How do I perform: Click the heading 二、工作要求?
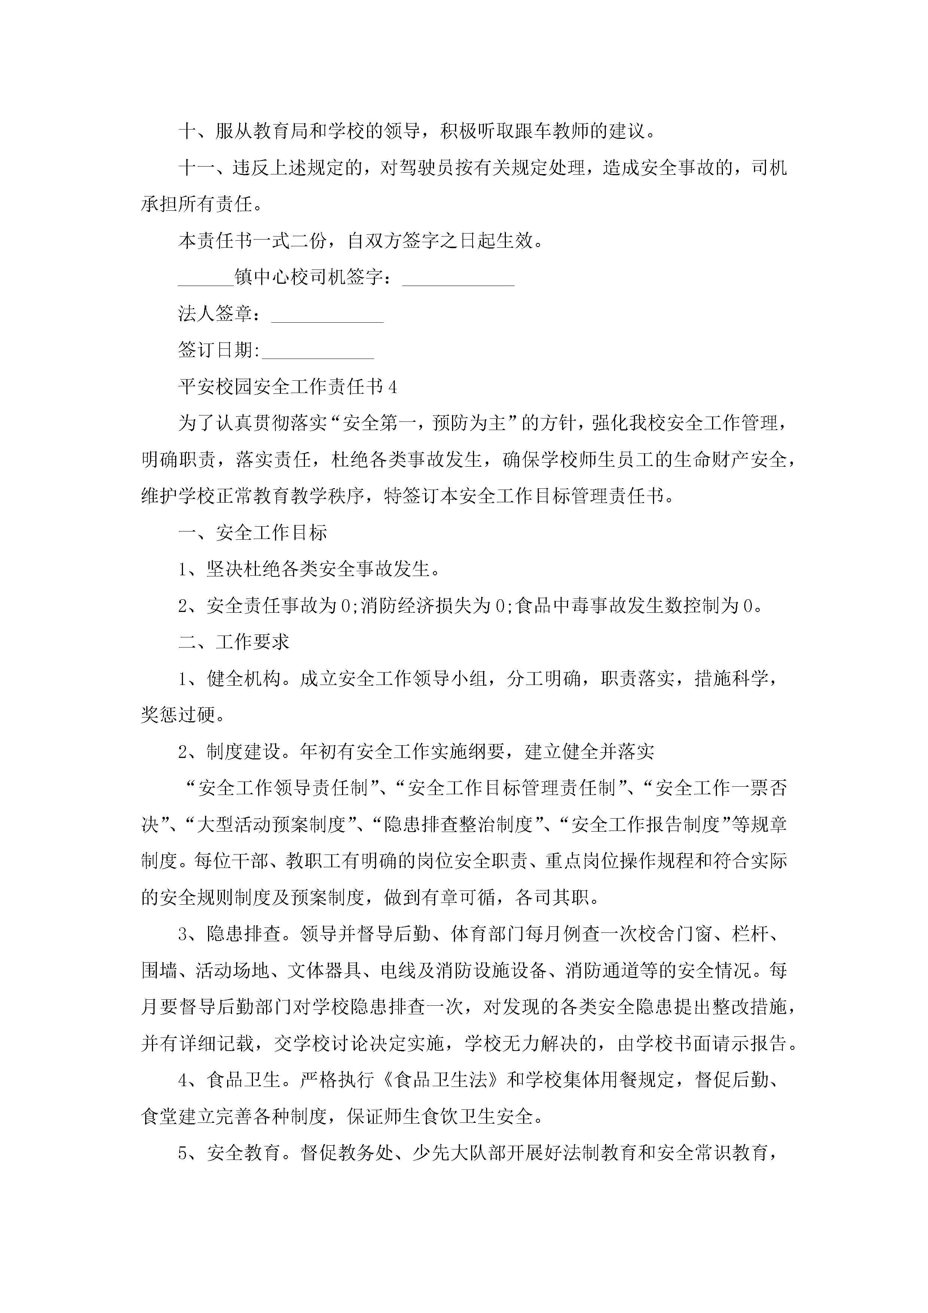click(234, 642)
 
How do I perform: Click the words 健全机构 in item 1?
click(244, 679)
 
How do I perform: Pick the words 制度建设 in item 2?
click(244, 752)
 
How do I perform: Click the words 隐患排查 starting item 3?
click(244, 934)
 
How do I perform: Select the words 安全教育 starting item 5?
click(244, 1153)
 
